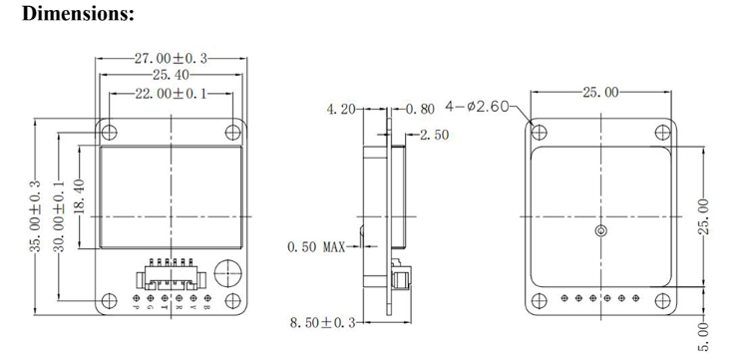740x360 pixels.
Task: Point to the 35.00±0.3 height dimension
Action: point(35,216)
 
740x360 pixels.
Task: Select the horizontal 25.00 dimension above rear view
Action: point(598,93)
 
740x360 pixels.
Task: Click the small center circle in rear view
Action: point(599,231)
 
